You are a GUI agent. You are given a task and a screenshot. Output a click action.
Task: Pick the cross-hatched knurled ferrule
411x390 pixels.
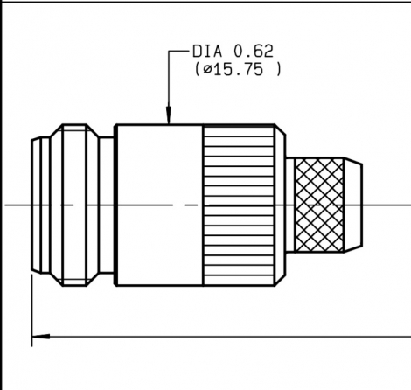point(318,203)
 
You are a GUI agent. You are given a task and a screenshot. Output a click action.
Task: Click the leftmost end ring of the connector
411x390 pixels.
point(38,203)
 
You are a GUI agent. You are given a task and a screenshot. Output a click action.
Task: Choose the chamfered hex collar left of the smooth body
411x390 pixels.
point(83,203)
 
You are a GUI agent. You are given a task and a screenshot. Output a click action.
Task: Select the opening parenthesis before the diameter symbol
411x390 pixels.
point(195,70)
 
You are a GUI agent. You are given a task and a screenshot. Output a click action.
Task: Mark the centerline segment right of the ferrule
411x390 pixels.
point(385,205)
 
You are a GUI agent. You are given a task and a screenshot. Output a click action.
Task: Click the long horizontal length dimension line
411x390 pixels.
point(219,334)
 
